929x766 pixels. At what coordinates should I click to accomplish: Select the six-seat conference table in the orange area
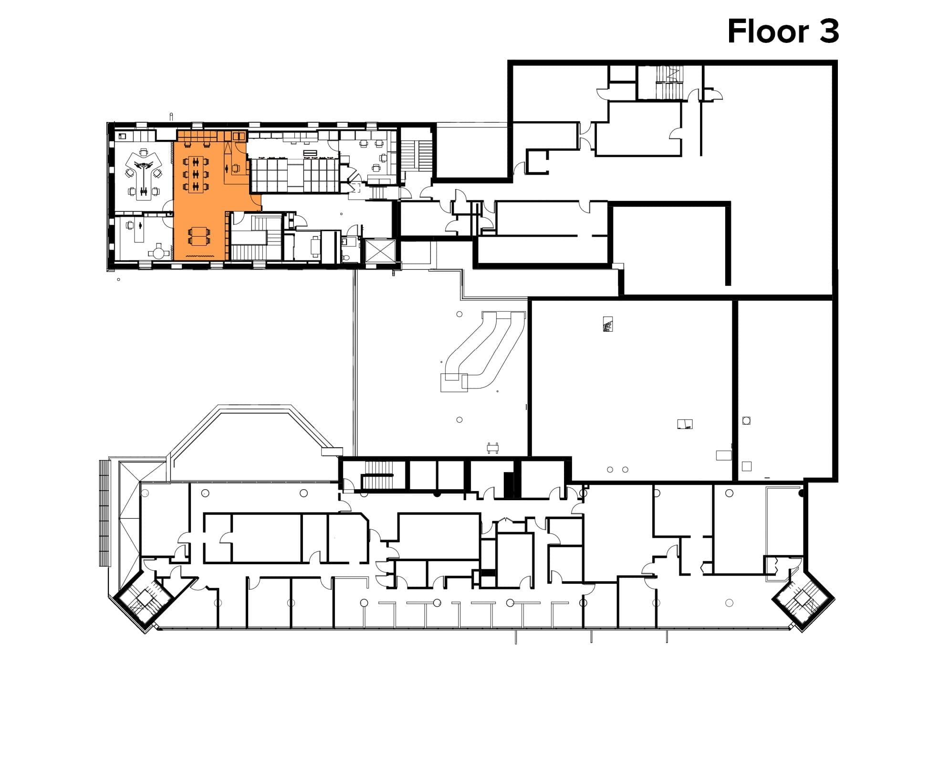coord(196,174)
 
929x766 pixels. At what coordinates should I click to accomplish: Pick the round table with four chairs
coord(158,251)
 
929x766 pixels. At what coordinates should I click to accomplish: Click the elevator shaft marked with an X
coord(380,251)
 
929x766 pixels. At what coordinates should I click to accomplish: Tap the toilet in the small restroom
coord(346,258)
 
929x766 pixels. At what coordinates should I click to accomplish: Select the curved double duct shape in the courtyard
coord(482,351)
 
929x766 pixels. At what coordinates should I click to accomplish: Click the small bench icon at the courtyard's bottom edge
coord(493,447)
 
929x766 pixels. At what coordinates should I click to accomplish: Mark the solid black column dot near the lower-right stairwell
coord(802,493)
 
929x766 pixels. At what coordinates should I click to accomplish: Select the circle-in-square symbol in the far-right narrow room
coord(747,420)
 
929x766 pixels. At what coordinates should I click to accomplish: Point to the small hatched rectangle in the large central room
coord(607,324)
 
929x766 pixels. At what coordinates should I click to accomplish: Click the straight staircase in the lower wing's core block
coord(377,475)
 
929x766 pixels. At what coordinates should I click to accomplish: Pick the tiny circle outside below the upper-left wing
coord(118,279)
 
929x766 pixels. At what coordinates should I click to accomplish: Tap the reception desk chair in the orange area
coord(236,168)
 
